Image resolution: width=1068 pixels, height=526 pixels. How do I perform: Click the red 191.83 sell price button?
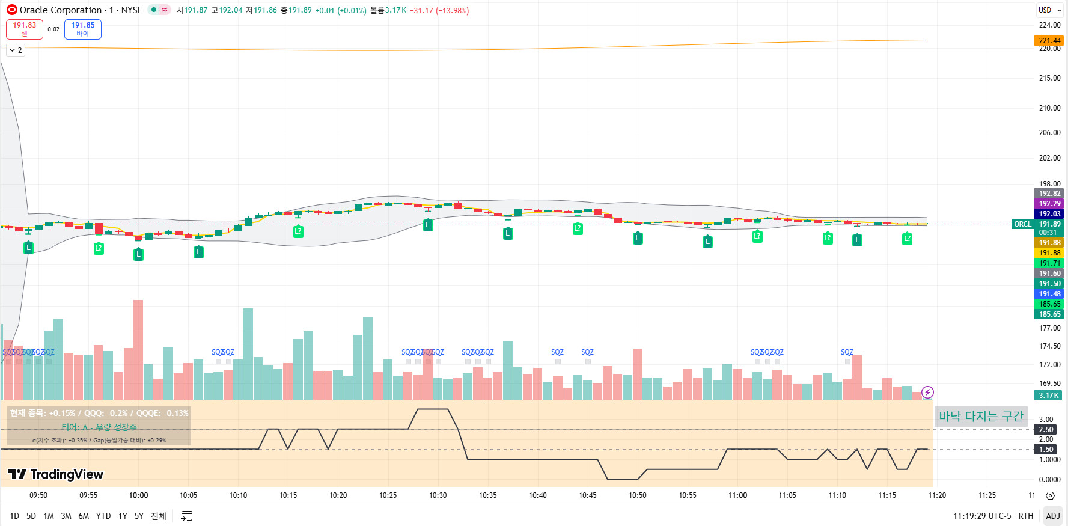point(25,29)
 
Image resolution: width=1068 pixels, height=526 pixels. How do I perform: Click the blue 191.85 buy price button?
point(83,29)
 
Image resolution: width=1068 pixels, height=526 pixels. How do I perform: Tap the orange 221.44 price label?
point(1049,41)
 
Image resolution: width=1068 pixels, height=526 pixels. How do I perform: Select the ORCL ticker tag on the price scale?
point(1022,224)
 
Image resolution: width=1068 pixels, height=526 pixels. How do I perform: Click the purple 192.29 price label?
point(1049,204)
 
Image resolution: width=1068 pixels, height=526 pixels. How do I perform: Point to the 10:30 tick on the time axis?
point(438,495)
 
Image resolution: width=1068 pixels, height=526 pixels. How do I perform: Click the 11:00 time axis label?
point(737,495)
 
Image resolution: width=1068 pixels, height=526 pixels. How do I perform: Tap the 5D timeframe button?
point(31,516)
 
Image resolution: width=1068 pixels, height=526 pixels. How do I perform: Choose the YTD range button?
point(103,516)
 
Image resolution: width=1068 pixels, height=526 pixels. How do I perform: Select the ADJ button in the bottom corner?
point(1052,516)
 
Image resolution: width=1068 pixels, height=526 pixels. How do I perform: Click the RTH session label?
point(1025,516)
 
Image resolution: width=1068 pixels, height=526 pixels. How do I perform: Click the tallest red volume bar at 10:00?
point(138,349)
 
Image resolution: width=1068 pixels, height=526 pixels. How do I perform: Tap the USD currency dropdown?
point(1049,10)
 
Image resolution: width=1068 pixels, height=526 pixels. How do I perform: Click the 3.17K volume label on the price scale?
point(1049,395)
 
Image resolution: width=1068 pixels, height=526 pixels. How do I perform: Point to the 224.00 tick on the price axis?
point(1049,25)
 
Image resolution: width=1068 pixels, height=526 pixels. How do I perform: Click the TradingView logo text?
point(56,474)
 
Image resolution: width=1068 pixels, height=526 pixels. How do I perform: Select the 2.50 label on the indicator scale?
point(1046,429)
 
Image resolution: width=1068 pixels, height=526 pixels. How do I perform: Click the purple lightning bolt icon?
point(927,393)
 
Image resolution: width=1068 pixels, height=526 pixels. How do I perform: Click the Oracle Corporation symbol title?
point(61,10)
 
